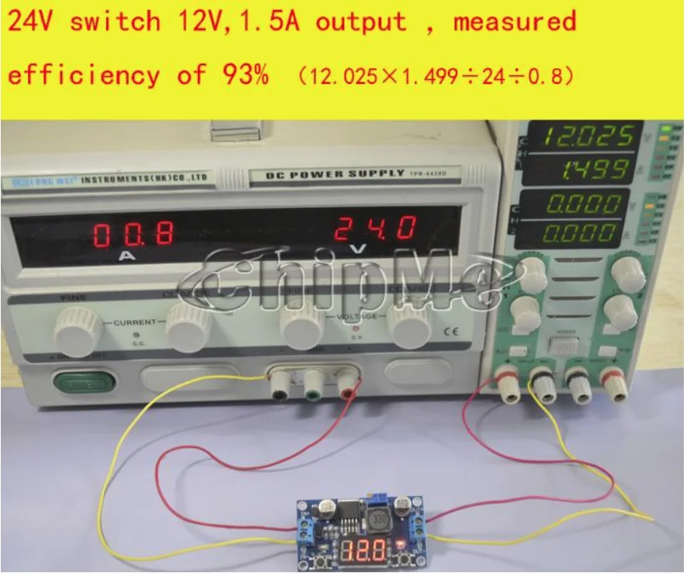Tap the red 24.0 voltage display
[x=376, y=229]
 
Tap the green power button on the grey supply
[x=83, y=382]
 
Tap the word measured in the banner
[x=515, y=21]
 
